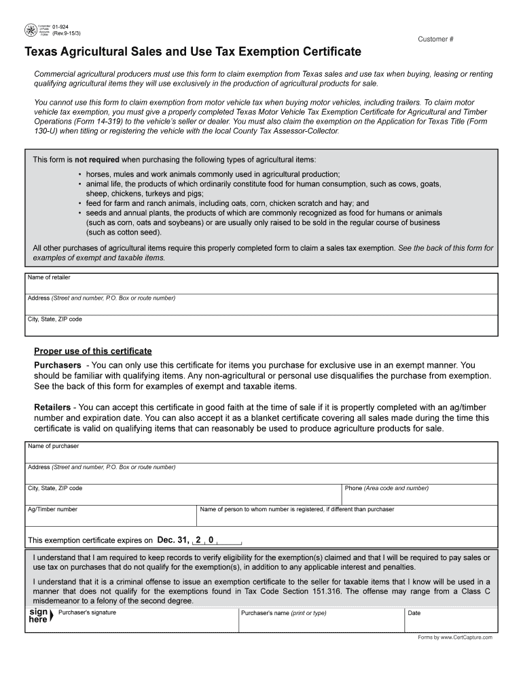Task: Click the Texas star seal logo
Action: [x=31, y=31]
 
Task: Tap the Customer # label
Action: [x=435, y=39]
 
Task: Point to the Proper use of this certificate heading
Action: [x=93, y=351]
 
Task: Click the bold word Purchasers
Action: [x=58, y=365]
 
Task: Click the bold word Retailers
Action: [x=52, y=407]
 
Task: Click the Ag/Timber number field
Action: [x=111, y=517]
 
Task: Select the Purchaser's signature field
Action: [x=146, y=621]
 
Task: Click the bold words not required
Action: [x=96, y=160]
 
